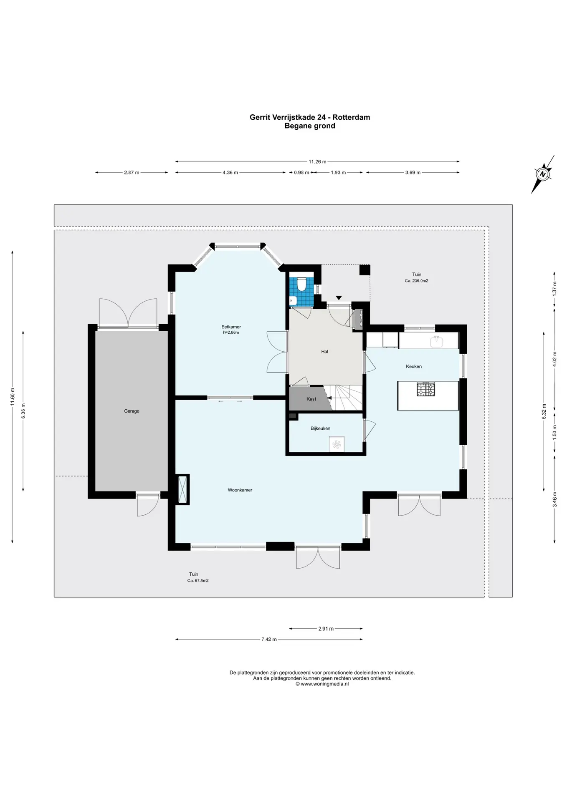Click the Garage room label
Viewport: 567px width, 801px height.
coord(132,411)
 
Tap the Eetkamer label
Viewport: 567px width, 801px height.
coord(231,327)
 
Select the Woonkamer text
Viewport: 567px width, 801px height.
coord(240,490)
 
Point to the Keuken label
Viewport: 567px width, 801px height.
coord(414,366)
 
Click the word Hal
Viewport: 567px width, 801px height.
coord(325,352)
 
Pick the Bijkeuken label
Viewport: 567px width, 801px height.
coord(321,428)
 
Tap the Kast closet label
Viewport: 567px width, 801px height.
coord(311,399)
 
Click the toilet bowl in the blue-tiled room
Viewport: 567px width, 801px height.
coord(302,285)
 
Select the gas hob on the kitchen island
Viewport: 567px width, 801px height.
coord(426,389)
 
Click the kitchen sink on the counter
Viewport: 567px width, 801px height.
coord(436,341)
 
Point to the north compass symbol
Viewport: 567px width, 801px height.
coord(543,174)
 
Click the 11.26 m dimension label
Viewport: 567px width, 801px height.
coord(317,161)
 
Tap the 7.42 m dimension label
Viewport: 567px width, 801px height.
coord(269,639)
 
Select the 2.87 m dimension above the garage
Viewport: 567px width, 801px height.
coord(132,172)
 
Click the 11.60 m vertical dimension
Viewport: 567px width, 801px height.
coord(13,396)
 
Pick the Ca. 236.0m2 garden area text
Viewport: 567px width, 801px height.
coord(416,281)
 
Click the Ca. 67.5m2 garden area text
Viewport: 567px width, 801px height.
coord(198,581)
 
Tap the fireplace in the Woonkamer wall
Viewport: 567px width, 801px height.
coord(183,489)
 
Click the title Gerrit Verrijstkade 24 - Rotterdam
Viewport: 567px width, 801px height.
coord(310,117)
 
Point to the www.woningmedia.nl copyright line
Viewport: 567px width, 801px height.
coord(322,684)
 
